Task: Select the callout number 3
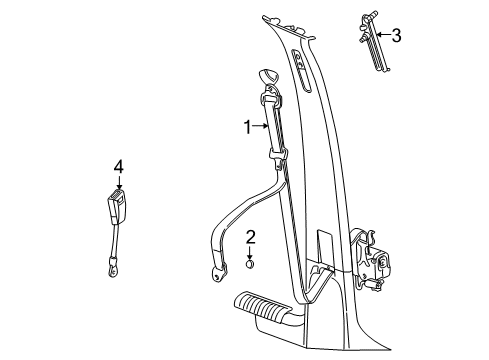[x=396, y=37]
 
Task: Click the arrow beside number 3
[x=381, y=37]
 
